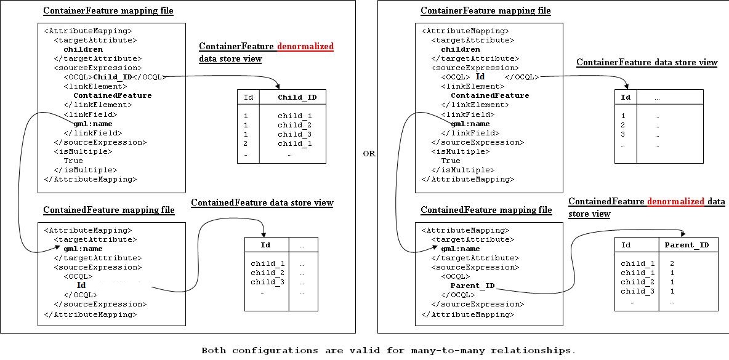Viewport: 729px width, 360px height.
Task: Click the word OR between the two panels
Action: point(369,154)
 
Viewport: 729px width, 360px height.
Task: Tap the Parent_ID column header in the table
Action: point(687,245)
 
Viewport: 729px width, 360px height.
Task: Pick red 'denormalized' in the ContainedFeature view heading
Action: point(675,202)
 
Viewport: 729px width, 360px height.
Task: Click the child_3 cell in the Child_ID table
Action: point(294,134)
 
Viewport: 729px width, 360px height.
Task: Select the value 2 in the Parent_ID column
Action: point(672,263)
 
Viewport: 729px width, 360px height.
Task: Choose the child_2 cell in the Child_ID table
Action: point(294,125)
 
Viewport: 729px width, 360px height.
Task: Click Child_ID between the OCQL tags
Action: point(113,77)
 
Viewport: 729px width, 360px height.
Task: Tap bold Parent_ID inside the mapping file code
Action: point(472,286)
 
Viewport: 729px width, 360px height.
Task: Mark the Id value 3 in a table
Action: point(623,134)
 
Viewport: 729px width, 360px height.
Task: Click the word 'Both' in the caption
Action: point(214,350)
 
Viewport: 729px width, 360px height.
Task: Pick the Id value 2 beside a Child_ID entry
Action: point(246,143)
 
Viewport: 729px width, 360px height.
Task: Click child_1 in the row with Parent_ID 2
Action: point(633,263)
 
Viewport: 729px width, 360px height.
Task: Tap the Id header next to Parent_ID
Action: point(626,245)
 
